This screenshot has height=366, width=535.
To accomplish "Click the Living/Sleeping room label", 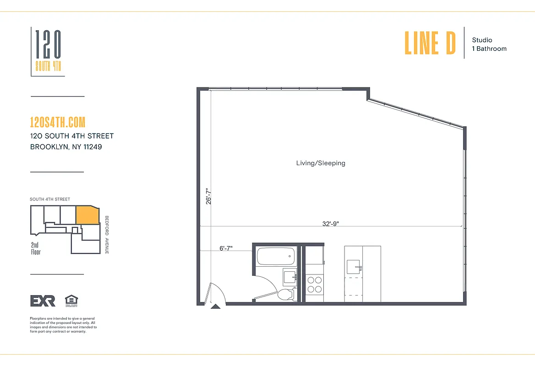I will coord(321,163).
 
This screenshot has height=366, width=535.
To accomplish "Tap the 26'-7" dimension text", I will coord(208,196).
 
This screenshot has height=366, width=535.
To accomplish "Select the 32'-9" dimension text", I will coord(330,224).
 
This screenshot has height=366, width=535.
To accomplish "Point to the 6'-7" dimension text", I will coord(226,248).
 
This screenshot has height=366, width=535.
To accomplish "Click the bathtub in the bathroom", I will coord(275,256).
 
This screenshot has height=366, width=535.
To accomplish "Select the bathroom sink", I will coord(290,277).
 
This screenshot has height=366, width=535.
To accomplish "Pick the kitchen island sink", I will coord(354,266).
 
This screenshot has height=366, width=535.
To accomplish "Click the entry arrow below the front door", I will coord(214,307).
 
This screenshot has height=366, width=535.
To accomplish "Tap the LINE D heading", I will coord(430,43).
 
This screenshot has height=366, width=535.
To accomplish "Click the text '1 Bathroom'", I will coord(489,48).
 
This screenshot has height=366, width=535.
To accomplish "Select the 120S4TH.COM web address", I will coord(57,122).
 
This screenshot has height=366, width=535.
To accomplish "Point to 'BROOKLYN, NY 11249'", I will coord(66,147).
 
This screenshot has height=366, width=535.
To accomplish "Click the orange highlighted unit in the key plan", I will coord(87,215).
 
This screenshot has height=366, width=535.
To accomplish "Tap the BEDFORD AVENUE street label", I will coord(107,235).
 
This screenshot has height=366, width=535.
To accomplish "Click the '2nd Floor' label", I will coord(36,248).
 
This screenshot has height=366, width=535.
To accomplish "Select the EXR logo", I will coord(43,301).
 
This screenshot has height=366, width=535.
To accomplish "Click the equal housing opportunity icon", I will coord(71,300).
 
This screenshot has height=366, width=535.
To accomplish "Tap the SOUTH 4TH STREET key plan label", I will coord(50,199).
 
